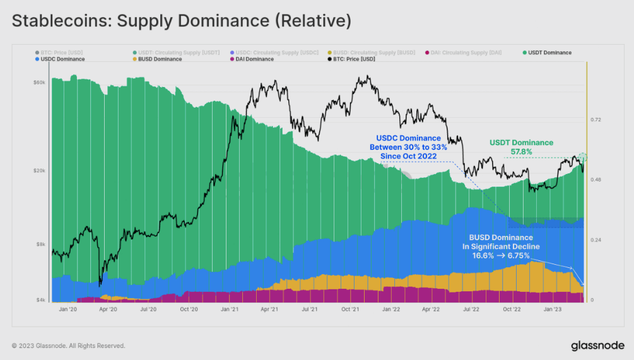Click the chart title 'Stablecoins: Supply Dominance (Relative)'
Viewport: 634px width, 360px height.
tap(182, 21)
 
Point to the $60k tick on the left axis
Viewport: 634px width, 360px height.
tap(39, 83)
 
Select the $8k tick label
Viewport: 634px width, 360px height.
tap(40, 244)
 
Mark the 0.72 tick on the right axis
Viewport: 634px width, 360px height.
tap(596, 120)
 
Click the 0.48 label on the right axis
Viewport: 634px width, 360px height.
tap(596, 180)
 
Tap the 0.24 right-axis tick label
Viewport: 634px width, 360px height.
tap(596, 240)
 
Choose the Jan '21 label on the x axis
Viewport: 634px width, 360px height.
tap(229, 310)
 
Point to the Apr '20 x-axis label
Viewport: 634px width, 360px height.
tap(109, 310)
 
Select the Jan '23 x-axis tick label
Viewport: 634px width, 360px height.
tap(553, 310)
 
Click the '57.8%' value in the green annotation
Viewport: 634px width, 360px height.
tap(521, 152)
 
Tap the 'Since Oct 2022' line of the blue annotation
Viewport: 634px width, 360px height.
tap(411, 156)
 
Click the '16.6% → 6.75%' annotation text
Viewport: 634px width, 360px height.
tap(501, 255)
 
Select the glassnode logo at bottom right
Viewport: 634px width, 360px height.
tap(597, 345)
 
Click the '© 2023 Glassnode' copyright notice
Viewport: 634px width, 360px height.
tap(68, 345)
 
